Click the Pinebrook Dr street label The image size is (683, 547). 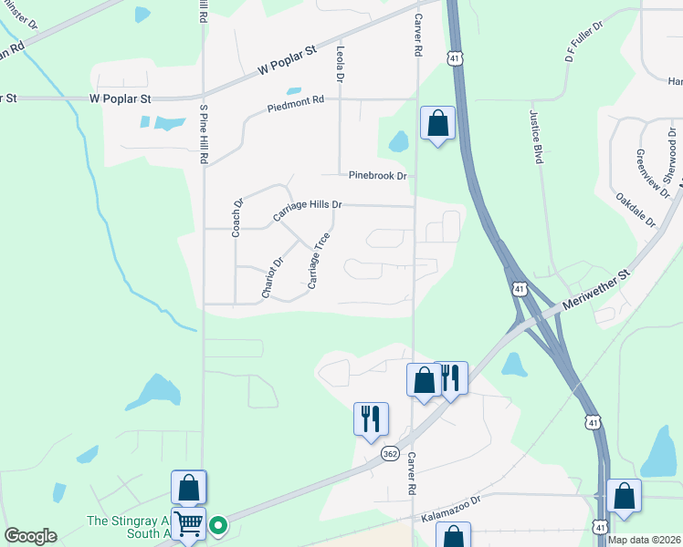pos(375,175)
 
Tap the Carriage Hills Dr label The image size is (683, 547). pos(307,212)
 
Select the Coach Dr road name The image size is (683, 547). pos(236,219)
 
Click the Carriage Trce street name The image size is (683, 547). pos(318,262)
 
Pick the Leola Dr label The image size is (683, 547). pos(340,65)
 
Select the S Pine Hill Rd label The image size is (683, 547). pos(204,134)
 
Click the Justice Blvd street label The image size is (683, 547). pos(538,137)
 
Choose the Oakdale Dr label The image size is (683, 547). pos(636,209)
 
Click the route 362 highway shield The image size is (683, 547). pos(390,452)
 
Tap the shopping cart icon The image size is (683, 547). pos(188,523)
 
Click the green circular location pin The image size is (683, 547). pos(218,524)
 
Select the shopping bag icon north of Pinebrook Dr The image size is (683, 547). pos(437,123)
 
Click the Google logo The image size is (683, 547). pos(31,536)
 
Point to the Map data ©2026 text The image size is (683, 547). pos(643,539)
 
